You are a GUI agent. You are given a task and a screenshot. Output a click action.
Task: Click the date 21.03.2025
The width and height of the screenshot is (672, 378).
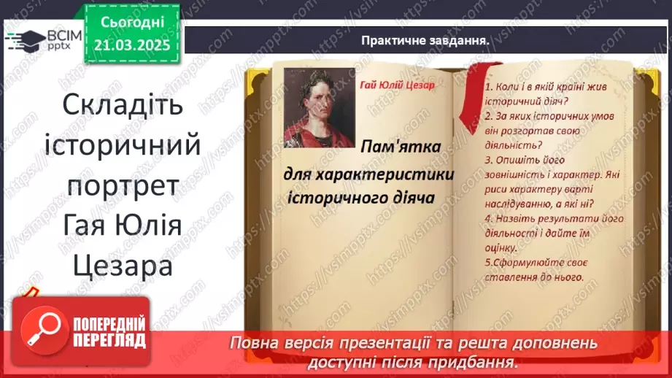[132, 45]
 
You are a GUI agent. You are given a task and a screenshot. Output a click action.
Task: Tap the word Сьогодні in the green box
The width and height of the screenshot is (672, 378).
[132, 23]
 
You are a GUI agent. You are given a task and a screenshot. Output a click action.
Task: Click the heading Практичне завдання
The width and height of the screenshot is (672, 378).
[424, 41]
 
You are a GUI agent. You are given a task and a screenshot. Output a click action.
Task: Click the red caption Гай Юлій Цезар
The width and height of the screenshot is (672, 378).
[396, 85]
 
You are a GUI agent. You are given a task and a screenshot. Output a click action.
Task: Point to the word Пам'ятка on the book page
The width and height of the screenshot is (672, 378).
[400, 147]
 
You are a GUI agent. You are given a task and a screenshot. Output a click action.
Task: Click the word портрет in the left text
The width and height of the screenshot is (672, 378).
[123, 185]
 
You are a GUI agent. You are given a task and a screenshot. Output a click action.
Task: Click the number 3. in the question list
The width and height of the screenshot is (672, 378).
[488, 159]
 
